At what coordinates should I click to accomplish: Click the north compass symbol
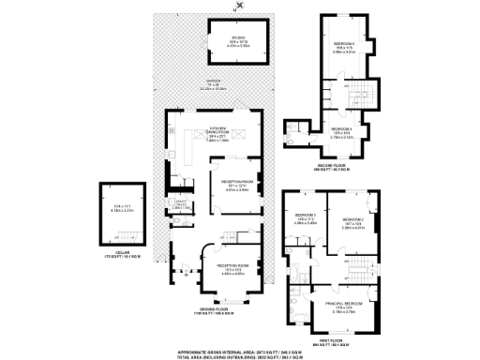coord(239,7)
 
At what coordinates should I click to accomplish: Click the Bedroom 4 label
coord(341,132)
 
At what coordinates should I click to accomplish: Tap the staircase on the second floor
coord(363,94)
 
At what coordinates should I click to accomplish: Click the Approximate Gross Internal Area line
coord(240,348)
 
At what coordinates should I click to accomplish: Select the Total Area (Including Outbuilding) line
coord(240,354)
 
